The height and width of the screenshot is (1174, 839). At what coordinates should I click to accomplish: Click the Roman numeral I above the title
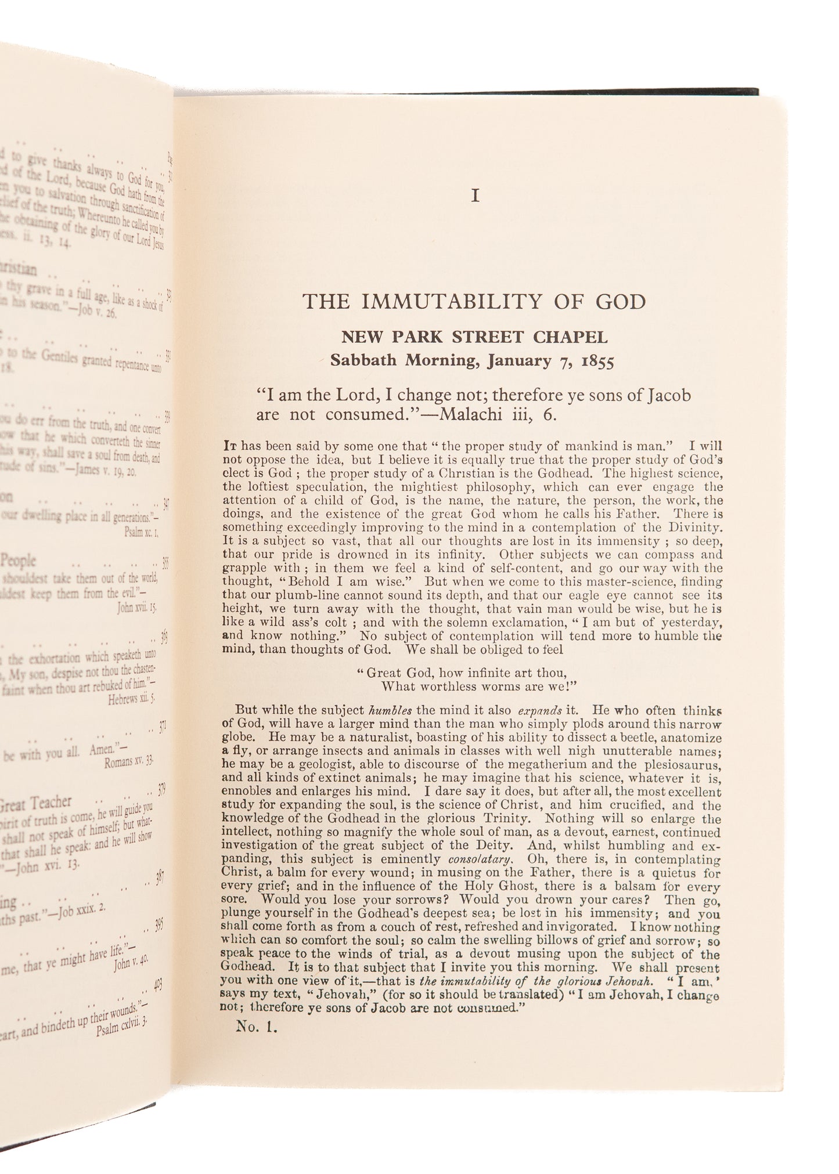[x=475, y=197]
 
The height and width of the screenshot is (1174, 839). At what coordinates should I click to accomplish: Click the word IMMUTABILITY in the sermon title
[x=446, y=302]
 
